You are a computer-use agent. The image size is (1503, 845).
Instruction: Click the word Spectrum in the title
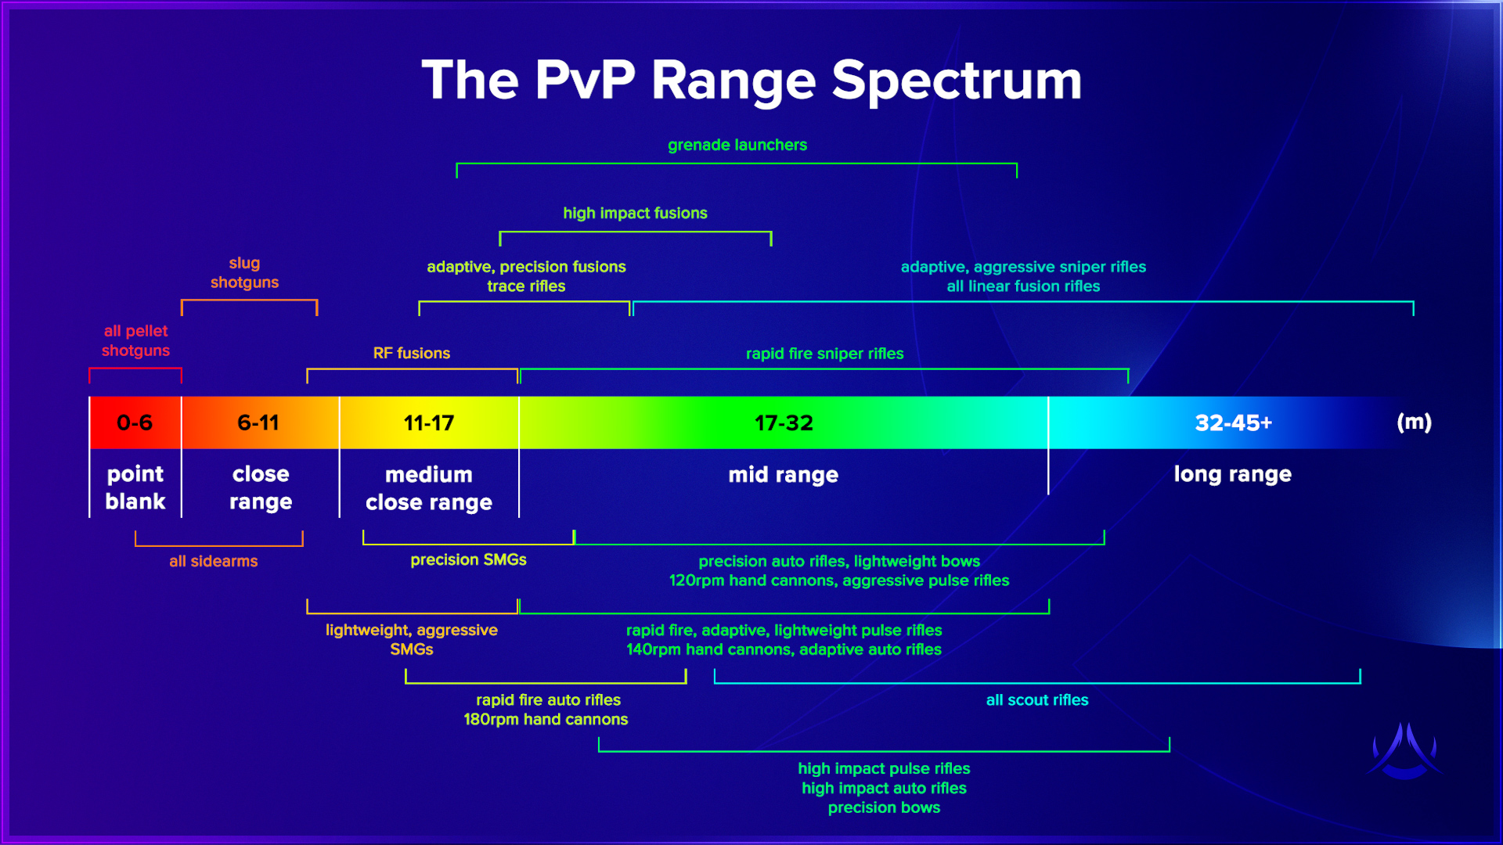point(956,81)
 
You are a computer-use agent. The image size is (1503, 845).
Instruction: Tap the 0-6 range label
point(135,423)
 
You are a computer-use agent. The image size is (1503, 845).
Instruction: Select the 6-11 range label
point(258,423)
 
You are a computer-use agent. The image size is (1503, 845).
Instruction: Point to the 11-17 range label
point(429,423)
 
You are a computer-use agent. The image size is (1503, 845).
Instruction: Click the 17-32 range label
point(784,423)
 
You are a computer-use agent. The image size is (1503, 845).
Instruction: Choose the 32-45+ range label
point(1233,423)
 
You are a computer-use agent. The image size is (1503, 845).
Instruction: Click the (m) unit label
point(1414,422)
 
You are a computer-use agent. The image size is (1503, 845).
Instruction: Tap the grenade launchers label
point(737,145)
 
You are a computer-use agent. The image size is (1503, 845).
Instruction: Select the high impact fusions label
point(635,213)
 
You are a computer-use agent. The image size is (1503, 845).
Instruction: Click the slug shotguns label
point(244,273)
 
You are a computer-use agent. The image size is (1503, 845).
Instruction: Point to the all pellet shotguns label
point(135,341)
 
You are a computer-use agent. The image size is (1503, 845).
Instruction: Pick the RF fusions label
point(412,353)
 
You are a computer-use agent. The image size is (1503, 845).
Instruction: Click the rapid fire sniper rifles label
point(824,354)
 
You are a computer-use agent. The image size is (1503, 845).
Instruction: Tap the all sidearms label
point(213,561)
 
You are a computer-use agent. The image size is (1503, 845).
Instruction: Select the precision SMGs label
point(468,559)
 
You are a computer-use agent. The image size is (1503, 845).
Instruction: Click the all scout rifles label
point(1036,700)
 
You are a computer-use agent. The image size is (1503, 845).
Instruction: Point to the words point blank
point(135,487)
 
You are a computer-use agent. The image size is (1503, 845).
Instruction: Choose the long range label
point(1232,474)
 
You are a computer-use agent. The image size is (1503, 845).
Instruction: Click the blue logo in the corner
point(1405,751)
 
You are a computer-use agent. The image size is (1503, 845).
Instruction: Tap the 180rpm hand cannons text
point(546,720)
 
